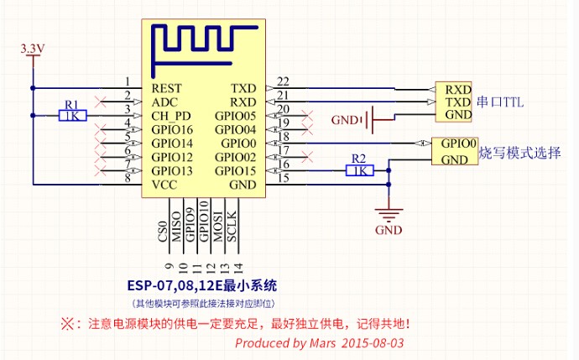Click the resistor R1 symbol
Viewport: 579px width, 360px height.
pyautogui.click(x=72, y=116)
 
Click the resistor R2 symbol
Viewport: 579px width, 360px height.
pyautogui.click(x=360, y=170)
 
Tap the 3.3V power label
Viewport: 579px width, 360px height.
pyautogui.click(x=33, y=49)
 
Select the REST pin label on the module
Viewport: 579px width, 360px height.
pyautogui.click(x=166, y=89)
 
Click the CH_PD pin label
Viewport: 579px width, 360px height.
pyautogui.click(x=171, y=117)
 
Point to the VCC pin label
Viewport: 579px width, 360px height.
pyautogui.click(x=164, y=185)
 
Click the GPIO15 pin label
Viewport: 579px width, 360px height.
pyautogui.click(x=235, y=171)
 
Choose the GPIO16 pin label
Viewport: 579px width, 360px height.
pyautogui.click(x=172, y=129)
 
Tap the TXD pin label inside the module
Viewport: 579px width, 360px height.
pyautogui.click(x=243, y=89)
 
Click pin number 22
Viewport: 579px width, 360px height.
pyautogui.click(x=283, y=81)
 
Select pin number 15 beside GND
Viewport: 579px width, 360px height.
pyautogui.click(x=283, y=178)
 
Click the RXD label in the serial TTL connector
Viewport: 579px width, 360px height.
pyautogui.click(x=458, y=90)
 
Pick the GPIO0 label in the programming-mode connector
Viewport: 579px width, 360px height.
pyautogui.click(x=459, y=143)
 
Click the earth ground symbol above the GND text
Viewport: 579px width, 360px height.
pyautogui.click(x=389, y=214)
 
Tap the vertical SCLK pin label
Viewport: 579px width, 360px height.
pyautogui.click(x=232, y=227)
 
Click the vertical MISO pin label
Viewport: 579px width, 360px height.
pyautogui.click(x=176, y=227)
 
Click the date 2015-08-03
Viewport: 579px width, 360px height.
pyautogui.click(x=373, y=343)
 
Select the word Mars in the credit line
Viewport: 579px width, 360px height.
pyautogui.click(x=322, y=343)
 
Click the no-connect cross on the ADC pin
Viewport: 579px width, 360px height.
pyautogui.click(x=100, y=102)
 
